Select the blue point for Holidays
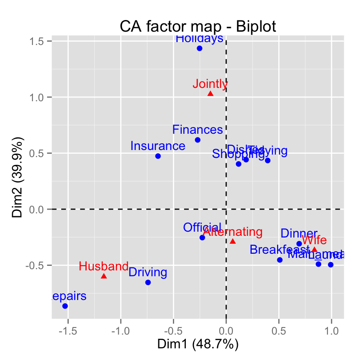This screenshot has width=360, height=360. pyautogui.click(x=200, y=48)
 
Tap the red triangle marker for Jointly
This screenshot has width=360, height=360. pyautogui.click(x=210, y=94)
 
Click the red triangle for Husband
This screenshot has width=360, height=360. pyautogui.click(x=104, y=276)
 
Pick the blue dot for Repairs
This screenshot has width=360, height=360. pyautogui.click(x=65, y=306)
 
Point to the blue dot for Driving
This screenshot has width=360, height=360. pyautogui.click(x=148, y=282)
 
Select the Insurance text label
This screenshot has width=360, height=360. pyautogui.click(x=157, y=146)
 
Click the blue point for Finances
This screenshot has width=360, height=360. pyautogui.click(x=197, y=140)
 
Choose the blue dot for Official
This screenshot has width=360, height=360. pyautogui.click(x=202, y=237)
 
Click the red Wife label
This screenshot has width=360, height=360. pyautogui.click(x=314, y=240)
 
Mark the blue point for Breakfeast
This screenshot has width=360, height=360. pyautogui.click(x=280, y=260)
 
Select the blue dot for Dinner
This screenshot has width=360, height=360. pyautogui.click(x=299, y=244)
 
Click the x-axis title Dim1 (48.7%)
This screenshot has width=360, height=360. pyautogui.click(x=198, y=344)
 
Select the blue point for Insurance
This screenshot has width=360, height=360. pyautogui.click(x=158, y=156)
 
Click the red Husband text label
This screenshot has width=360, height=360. pyautogui.click(x=104, y=266)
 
